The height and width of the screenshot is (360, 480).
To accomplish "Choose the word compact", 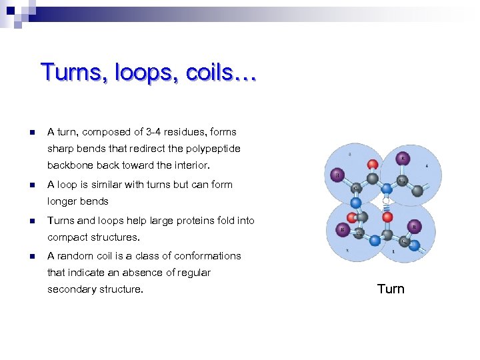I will [x=67, y=237].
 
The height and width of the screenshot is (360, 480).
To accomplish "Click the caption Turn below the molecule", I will [x=391, y=289].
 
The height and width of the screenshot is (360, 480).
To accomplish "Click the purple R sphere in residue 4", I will [x=402, y=158].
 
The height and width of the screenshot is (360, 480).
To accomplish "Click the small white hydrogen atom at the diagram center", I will [x=385, y=200].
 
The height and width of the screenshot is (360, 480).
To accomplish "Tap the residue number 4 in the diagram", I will [x=427, y=165].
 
